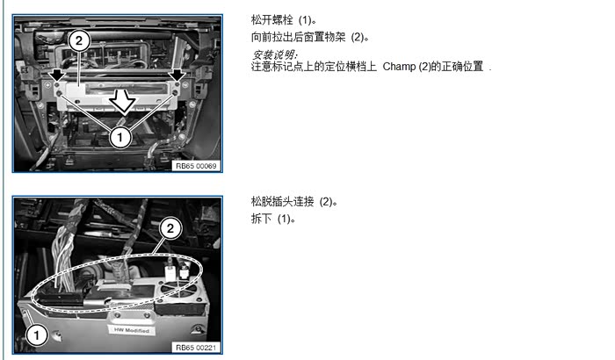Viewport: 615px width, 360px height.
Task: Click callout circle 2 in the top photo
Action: tap(79, 40)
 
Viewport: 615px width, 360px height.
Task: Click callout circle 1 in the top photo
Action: tap(120, 137)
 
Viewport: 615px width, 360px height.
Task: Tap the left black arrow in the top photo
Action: tap(58, 74)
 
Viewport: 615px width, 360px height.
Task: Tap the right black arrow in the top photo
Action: tap(177, 74)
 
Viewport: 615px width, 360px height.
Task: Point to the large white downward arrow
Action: tap(123, 101)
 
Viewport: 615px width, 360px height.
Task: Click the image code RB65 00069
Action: tap(196, 166)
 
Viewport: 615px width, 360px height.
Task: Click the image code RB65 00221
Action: tap(196, 348)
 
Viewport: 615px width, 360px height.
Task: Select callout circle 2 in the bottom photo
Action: tap(170, 228)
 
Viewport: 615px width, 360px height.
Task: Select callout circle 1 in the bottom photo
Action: tap(37, 335)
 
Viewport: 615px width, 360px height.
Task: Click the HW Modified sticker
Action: tap(132, 330)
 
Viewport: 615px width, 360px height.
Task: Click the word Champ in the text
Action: tap(399, 66)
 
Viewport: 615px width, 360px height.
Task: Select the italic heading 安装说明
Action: tap(274, 54)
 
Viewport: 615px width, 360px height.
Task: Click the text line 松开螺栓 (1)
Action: tap(284, 19)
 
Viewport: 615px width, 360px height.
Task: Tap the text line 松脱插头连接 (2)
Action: tap(294, 202)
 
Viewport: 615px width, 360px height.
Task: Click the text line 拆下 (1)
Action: tap(273, 219)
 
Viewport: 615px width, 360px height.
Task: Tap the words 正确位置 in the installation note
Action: tap(462, 66)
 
